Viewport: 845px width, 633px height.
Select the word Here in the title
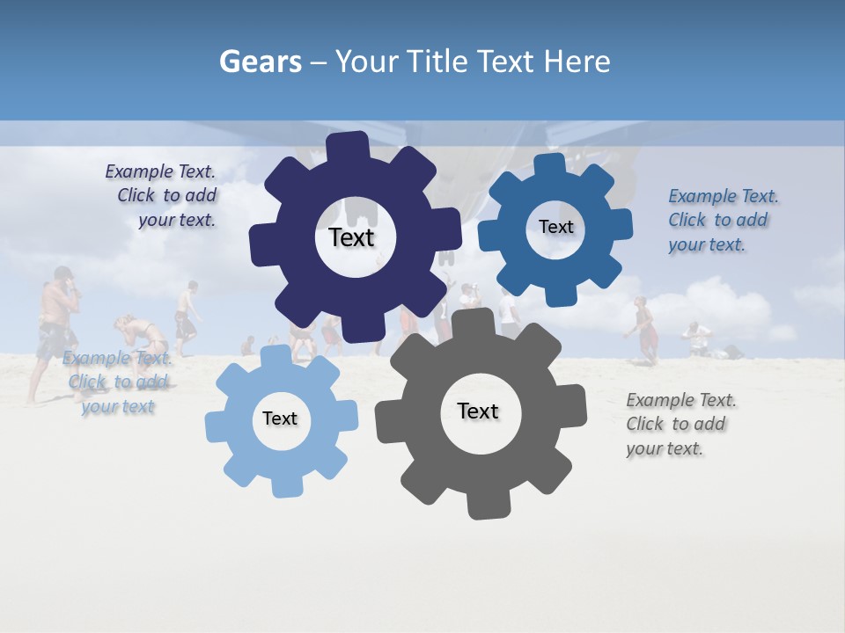(577, 62)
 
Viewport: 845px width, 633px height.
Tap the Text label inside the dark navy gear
(351, 237)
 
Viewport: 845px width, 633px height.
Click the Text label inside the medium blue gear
(555, 227)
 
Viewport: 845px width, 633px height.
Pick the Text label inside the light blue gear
(280, 418)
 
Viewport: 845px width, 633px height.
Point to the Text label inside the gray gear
(478, 411)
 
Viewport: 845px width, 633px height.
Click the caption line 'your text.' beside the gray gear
(665, 448)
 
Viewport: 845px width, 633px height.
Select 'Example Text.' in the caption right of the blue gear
(724, 196)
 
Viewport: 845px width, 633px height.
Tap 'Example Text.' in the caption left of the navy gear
(160, 171)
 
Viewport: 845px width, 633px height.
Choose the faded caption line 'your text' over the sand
(118, 406)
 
